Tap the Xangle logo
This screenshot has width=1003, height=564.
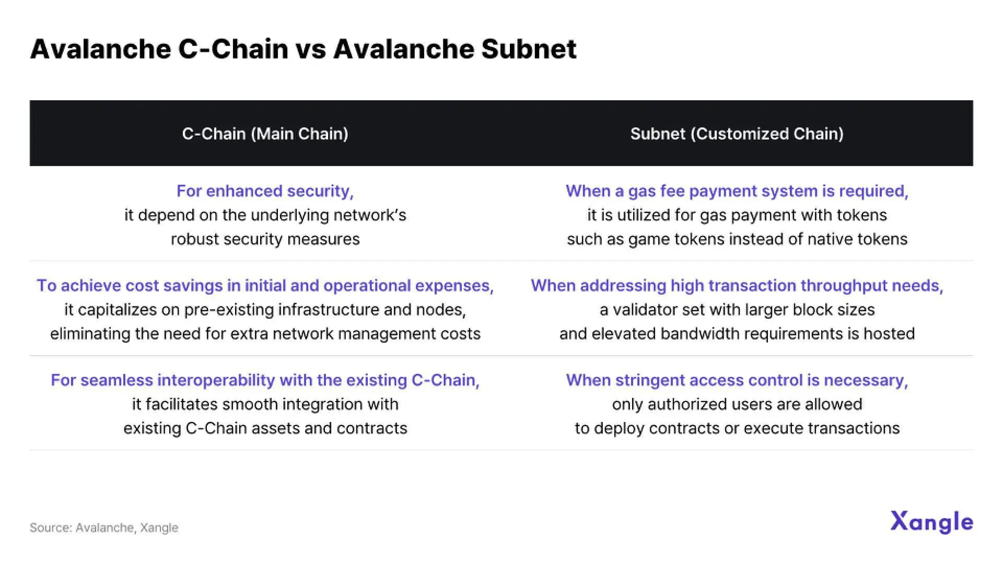pyautogui.click(x=931, y=522)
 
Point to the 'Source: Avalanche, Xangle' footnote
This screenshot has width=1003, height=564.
pyautogui.click(x=103, y=527)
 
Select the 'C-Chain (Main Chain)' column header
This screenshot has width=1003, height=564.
pyautogui.click(x=265, y=134)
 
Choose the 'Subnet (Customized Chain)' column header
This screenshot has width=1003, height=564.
pyautogui.click(x=737, y=134)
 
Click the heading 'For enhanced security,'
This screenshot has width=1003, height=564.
pyautogui.click(x=265, y=191)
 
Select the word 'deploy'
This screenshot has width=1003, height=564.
pyautogui.click(x=620, y=428)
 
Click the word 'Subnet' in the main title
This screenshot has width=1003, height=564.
pyautogui.click(x=528, y=49)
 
